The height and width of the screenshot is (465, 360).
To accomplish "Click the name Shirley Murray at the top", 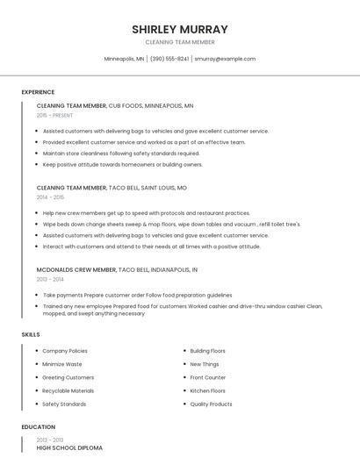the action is click(x=180, y=29).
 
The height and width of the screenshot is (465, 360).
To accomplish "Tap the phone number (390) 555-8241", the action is click(x=169, y=59).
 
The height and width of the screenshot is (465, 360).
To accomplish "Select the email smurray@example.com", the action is click(x=225, y=59).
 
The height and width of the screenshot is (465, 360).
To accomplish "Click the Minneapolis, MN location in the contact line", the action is click(x=124, y=59).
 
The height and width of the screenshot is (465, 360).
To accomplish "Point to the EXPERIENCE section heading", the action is click(x=38, y=92).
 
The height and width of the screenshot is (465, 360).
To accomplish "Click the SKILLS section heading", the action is click(x=31, y=334).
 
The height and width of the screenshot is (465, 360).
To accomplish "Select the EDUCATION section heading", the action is click(x=38, y=427).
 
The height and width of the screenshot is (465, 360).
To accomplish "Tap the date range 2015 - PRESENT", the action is click(x=54, y=115).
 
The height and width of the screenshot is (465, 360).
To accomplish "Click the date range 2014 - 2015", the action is click(x=50, y=197).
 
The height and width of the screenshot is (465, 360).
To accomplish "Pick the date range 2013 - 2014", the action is click(x=50, y=279).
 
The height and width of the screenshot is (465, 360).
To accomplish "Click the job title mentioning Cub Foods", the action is click(x=115, y=105).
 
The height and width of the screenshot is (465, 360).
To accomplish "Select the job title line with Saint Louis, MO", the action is click(x=112, y=188).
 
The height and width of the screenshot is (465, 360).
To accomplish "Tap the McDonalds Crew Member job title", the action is click(x=117, y=270).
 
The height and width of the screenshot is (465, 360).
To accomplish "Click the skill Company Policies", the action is click(x=65, y=351).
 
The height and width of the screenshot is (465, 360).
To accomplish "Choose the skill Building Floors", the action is click(x=207, y=351).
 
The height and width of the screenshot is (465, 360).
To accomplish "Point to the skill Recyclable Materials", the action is click(x=68, y=390).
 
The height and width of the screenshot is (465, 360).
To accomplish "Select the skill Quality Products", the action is click(x=211, y=404).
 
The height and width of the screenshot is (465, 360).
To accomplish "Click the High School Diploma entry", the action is click(x=69, y=447).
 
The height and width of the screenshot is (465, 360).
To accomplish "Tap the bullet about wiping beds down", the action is click(x=171, y=224).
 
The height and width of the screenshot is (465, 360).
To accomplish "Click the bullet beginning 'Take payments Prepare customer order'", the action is click(x=137, y=296).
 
